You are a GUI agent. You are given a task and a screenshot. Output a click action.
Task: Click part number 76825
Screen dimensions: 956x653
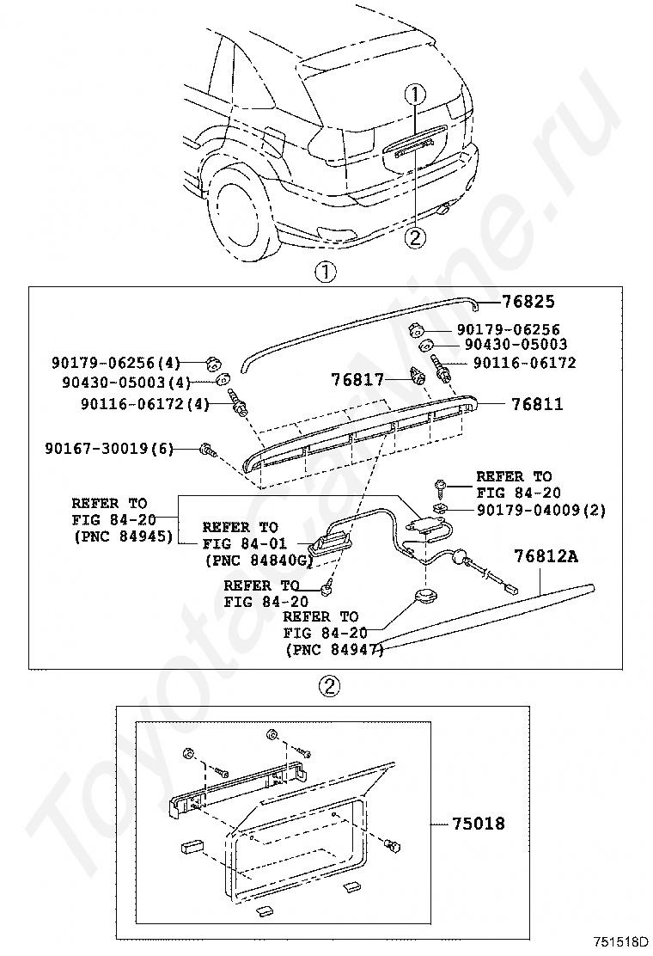[x=529, y=302]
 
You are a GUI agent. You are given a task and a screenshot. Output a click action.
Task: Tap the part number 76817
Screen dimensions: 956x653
[x=358, y=379]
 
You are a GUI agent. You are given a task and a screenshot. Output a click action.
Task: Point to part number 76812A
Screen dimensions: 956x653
[x=546, y=557]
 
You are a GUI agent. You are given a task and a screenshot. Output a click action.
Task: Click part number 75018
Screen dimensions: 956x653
[x=479, y=824]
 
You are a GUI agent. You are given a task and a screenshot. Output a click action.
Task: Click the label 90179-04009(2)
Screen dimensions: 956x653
[x=541, y=510]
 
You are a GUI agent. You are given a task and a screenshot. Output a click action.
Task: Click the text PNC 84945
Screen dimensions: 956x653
[x=122, y=537]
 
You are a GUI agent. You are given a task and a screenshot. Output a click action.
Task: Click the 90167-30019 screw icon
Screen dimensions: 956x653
[x=207, y=448]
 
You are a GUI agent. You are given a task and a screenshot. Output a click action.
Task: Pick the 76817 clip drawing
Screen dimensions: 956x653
[x=418, y=377]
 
